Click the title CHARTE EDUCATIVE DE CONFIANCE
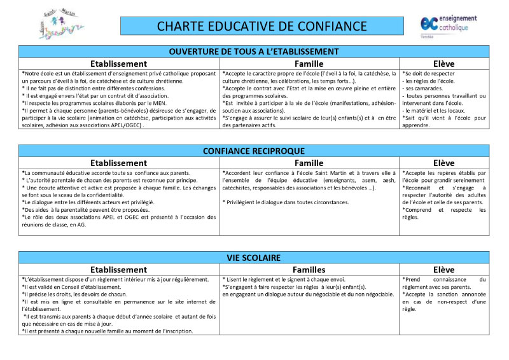[x=261, y=25]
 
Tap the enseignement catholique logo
[x=445, y=24]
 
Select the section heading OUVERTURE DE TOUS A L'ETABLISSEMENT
[x=254, y=52]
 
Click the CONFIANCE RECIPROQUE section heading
[x=254, y=151]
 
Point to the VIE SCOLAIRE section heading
[x=254, y=258]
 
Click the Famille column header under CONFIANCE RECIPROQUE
[x=309, y=163]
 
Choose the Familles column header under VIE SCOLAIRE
[x=309, y=270]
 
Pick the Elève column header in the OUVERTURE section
[x=444, y=64]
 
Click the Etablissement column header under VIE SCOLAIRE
[x=119, y=270]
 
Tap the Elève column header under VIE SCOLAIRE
[x=444, y=270]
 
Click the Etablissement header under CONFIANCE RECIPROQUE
[x=119, y=163]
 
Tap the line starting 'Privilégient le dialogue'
[x=286, y=202]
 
